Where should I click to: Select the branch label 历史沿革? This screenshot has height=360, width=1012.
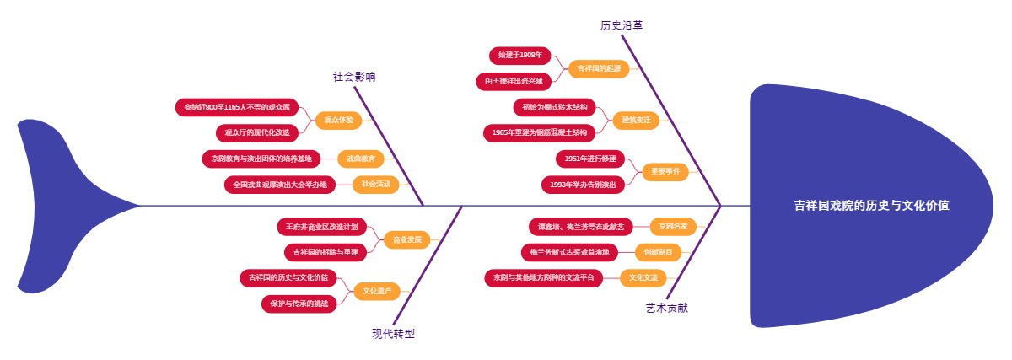point(622,25)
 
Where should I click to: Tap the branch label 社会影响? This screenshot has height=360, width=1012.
point(354,77)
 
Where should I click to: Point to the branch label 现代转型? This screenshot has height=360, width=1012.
point(393,333)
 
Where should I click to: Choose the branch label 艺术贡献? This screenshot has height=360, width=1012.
point(666,308)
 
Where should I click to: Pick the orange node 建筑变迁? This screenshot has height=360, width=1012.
point(636,120)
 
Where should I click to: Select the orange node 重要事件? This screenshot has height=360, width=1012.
point(665,171)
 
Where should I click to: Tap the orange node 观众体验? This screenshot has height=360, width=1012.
point(338,120)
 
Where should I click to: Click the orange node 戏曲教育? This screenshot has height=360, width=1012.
point(360,158)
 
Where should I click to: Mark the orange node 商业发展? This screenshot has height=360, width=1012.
point(406,239)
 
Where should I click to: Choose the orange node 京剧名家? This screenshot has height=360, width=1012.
point(673,226)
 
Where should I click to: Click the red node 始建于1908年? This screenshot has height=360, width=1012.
point(519,56)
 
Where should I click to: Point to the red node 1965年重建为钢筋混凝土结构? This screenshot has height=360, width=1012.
point(539,132)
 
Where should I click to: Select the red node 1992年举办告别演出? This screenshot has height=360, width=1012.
point(583,184)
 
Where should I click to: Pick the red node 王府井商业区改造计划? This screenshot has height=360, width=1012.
point(321,227)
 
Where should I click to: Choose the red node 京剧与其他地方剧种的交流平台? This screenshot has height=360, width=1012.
point(544,277)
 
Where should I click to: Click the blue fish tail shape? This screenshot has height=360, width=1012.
point(67,205)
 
